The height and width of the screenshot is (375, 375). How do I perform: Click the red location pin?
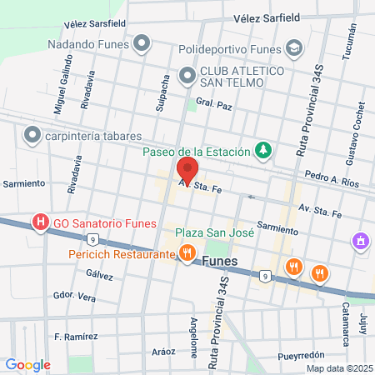point(187,169)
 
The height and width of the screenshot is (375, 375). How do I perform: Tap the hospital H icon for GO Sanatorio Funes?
point(38,222)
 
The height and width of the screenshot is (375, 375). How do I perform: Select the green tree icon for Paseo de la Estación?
point(263,149)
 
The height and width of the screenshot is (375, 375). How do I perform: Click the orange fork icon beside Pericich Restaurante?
point(187,252)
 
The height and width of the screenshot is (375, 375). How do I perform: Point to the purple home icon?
point(360,242)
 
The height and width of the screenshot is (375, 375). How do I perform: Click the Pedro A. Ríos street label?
point(331,177)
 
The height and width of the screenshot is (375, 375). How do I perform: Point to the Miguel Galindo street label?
point(59,92)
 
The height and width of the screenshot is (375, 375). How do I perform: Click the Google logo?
point(27,364)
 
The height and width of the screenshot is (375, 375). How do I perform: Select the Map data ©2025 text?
point(337,368)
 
